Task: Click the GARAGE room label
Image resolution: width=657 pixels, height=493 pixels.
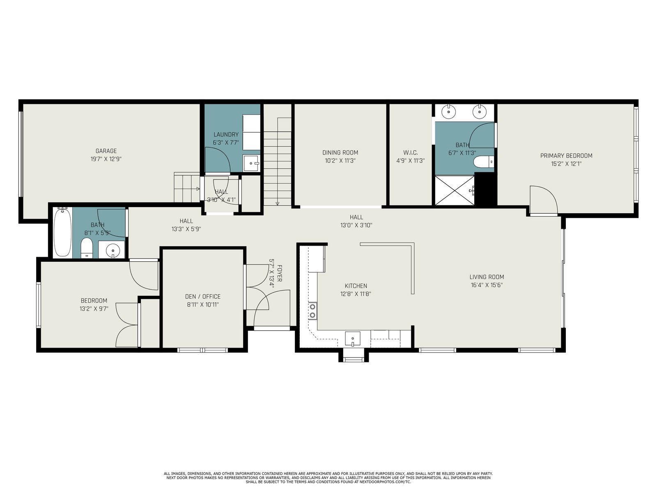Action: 106,151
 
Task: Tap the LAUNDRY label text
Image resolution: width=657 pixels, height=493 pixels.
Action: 226,135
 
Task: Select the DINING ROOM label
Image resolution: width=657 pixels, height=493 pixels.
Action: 340,153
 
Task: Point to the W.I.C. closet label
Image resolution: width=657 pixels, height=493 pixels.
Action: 410,153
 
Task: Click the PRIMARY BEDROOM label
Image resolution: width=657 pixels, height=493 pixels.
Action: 566,156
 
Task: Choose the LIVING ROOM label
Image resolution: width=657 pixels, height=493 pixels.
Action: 487,277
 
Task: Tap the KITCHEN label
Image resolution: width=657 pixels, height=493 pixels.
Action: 356,286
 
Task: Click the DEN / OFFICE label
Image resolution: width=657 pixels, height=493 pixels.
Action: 202,296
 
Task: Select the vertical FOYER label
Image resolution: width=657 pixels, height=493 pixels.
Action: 280,273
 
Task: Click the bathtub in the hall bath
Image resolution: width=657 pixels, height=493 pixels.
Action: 62,232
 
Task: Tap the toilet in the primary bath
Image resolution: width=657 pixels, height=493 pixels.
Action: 483,162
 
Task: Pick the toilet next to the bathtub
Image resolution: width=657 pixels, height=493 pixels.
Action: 87,248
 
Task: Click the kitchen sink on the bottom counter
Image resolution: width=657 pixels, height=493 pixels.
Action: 353,339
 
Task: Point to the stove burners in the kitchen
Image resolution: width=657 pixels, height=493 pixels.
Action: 313,311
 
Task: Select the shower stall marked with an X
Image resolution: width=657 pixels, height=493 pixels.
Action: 455,190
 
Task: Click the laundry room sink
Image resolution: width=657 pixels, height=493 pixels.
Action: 251,164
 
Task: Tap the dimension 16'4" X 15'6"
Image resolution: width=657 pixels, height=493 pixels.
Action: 487,285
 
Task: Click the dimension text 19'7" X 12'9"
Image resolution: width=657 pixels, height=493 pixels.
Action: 106,159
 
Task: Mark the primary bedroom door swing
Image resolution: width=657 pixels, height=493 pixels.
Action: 544,200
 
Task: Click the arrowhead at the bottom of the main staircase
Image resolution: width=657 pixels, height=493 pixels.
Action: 277,203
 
